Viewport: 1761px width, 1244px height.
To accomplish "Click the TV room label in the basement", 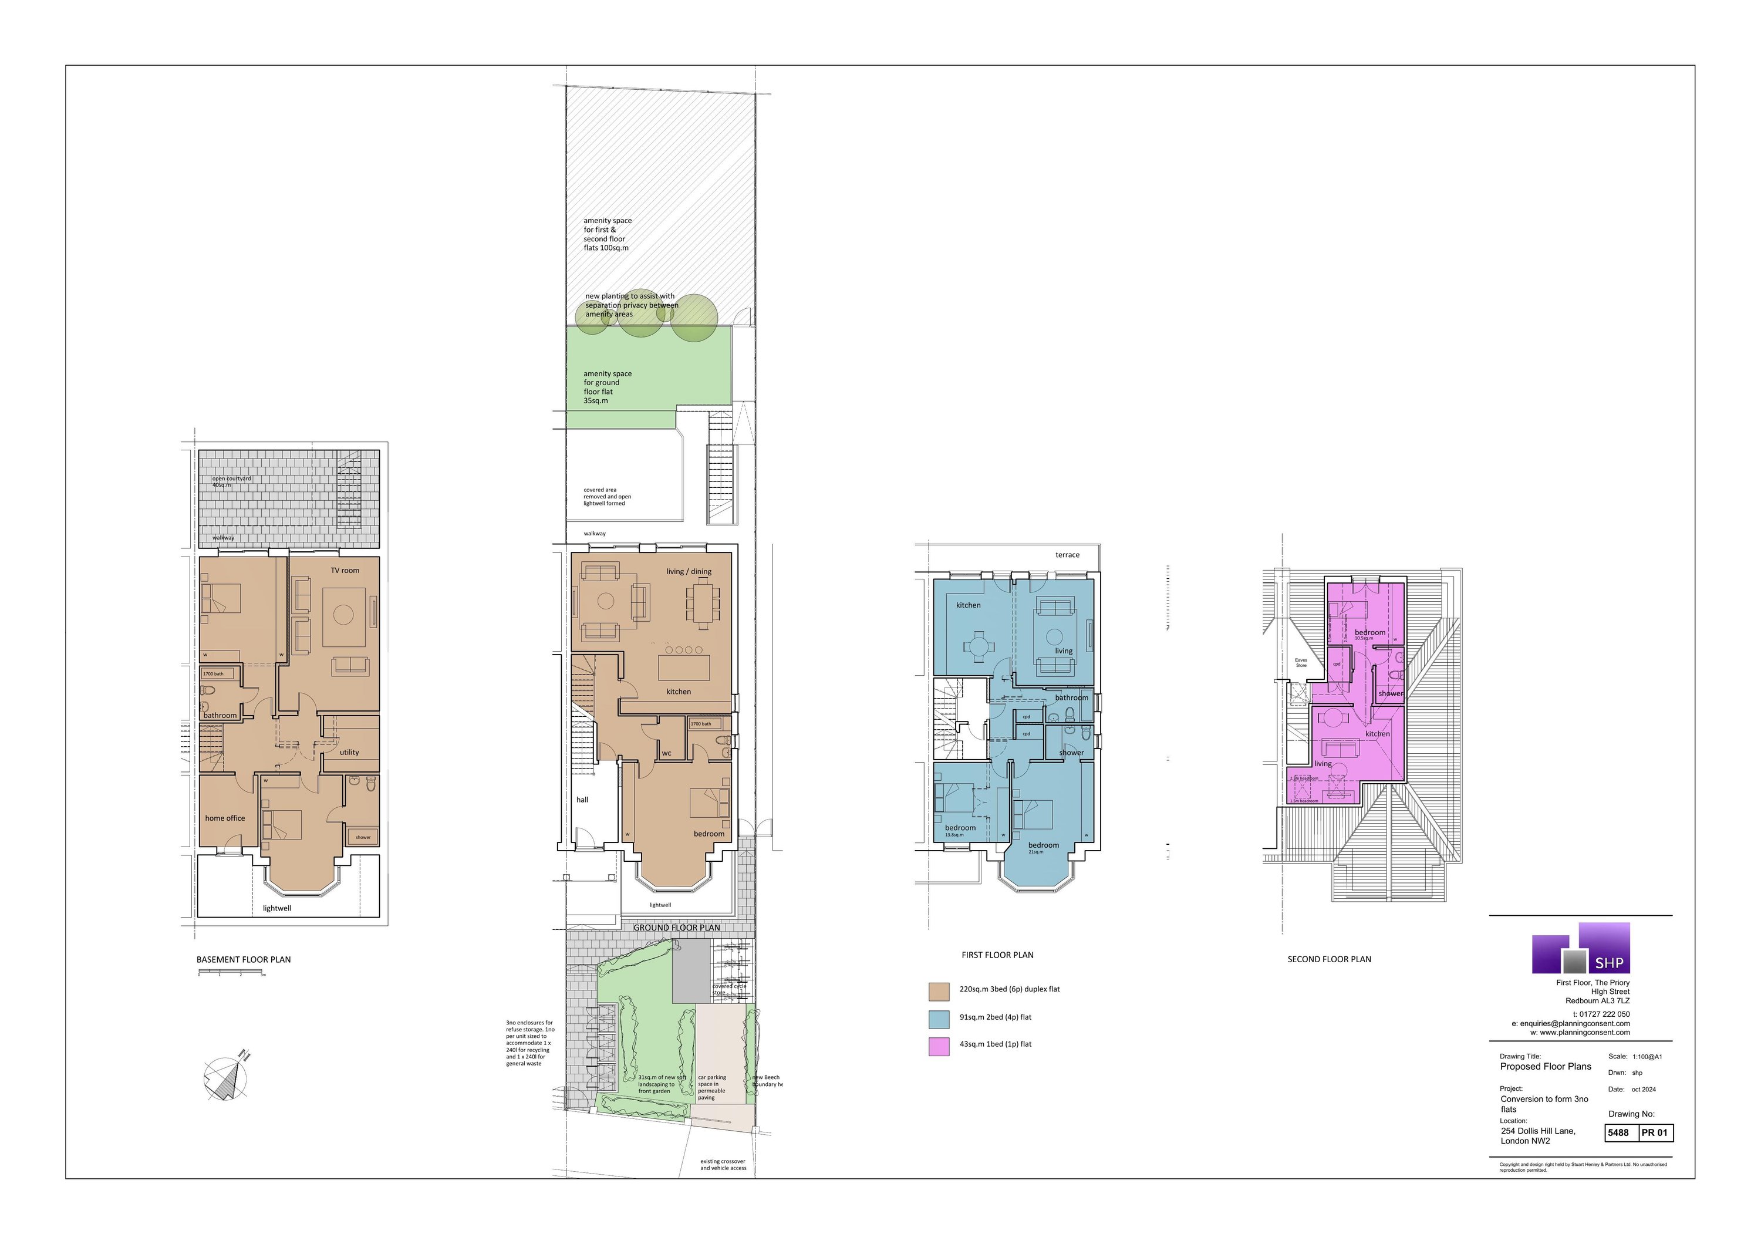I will coord(345,571).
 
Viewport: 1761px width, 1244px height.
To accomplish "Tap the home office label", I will coord(225,818).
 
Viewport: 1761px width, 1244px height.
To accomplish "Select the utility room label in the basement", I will coord(349,753).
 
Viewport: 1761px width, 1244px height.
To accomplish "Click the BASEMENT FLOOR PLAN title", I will coord(243,959).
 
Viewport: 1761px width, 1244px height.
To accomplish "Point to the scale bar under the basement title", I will coord(231,972).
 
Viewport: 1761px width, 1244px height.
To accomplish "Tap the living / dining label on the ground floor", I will coord(688,571).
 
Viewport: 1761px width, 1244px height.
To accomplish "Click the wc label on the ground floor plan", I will coord(666,753).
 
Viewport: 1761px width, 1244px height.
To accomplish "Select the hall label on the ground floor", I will coord(582,800).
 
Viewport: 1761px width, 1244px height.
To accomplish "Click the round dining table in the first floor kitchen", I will coord(980,646).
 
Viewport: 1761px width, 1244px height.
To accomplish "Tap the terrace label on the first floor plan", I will coord(1067,555).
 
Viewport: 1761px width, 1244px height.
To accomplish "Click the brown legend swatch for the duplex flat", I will coord(939,991).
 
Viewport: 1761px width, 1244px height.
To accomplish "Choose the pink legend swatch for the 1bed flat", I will coord(939,1046).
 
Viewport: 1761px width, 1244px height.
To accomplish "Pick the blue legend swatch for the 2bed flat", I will coord(939,1019).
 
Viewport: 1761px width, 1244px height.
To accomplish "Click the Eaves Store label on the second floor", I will coord(1301,663).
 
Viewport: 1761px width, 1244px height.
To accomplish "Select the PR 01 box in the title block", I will coord(1654,1133).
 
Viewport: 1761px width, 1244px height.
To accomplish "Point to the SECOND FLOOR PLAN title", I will coord(1328,959).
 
